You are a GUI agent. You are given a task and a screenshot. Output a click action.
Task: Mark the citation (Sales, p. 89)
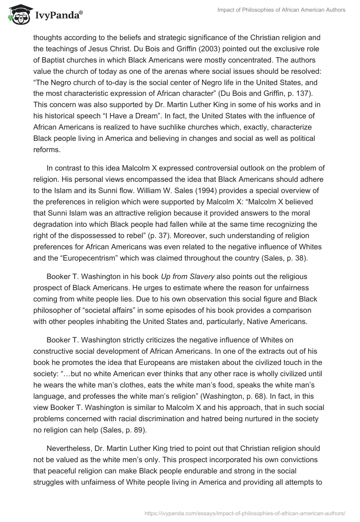(131, 431)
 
